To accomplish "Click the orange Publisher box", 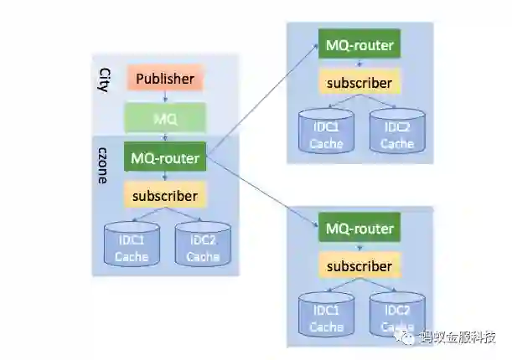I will (x=165, y=80).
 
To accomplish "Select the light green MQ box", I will (x=165, y=119).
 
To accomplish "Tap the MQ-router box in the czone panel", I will (x=165, y=157).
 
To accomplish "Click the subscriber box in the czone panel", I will (x=165, y=197).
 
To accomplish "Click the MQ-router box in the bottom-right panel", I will (x=359, y=228).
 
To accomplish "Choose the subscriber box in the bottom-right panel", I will (x=359, y=266).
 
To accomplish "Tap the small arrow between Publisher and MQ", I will (x=165, y=97).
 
